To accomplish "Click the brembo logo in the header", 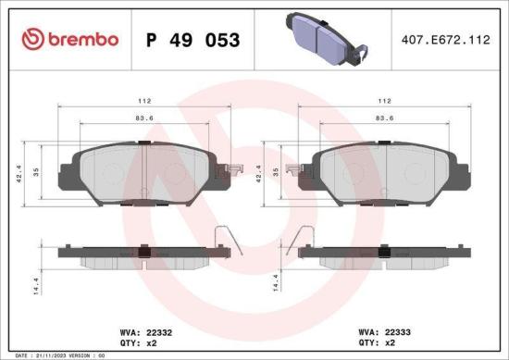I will pos(69,39).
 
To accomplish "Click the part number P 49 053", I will pos(193,40).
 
